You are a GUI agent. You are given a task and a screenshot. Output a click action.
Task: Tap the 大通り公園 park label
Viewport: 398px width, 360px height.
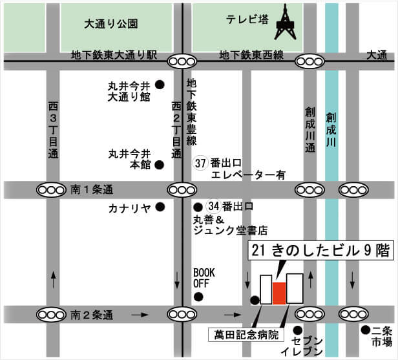[x=112, y=24]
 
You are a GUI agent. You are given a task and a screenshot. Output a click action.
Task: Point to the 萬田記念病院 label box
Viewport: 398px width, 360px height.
[x=247, y=334]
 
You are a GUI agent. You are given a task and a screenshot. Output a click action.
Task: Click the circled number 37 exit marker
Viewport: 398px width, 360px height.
[x=201, y=164]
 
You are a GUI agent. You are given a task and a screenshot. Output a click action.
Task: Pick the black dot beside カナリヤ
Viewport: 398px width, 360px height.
[x=160, y=207]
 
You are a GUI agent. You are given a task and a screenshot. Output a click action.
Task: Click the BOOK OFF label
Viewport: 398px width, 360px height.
[x=204, y=277]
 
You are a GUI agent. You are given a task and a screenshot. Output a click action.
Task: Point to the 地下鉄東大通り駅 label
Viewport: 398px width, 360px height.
[x=114, y=56]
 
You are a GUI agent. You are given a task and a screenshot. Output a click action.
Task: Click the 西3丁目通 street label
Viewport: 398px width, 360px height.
[x=53, y=129]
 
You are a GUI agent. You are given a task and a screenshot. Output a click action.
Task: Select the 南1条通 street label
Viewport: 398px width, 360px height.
[x=92, y=190]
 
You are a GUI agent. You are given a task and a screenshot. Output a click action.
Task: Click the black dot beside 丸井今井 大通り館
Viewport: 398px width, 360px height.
[x=160, y=84]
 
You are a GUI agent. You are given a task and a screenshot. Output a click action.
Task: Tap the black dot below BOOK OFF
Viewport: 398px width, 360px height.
[x=198, y=297]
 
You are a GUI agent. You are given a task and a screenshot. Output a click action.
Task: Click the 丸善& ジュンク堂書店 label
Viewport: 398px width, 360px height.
[x=230, y=224]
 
